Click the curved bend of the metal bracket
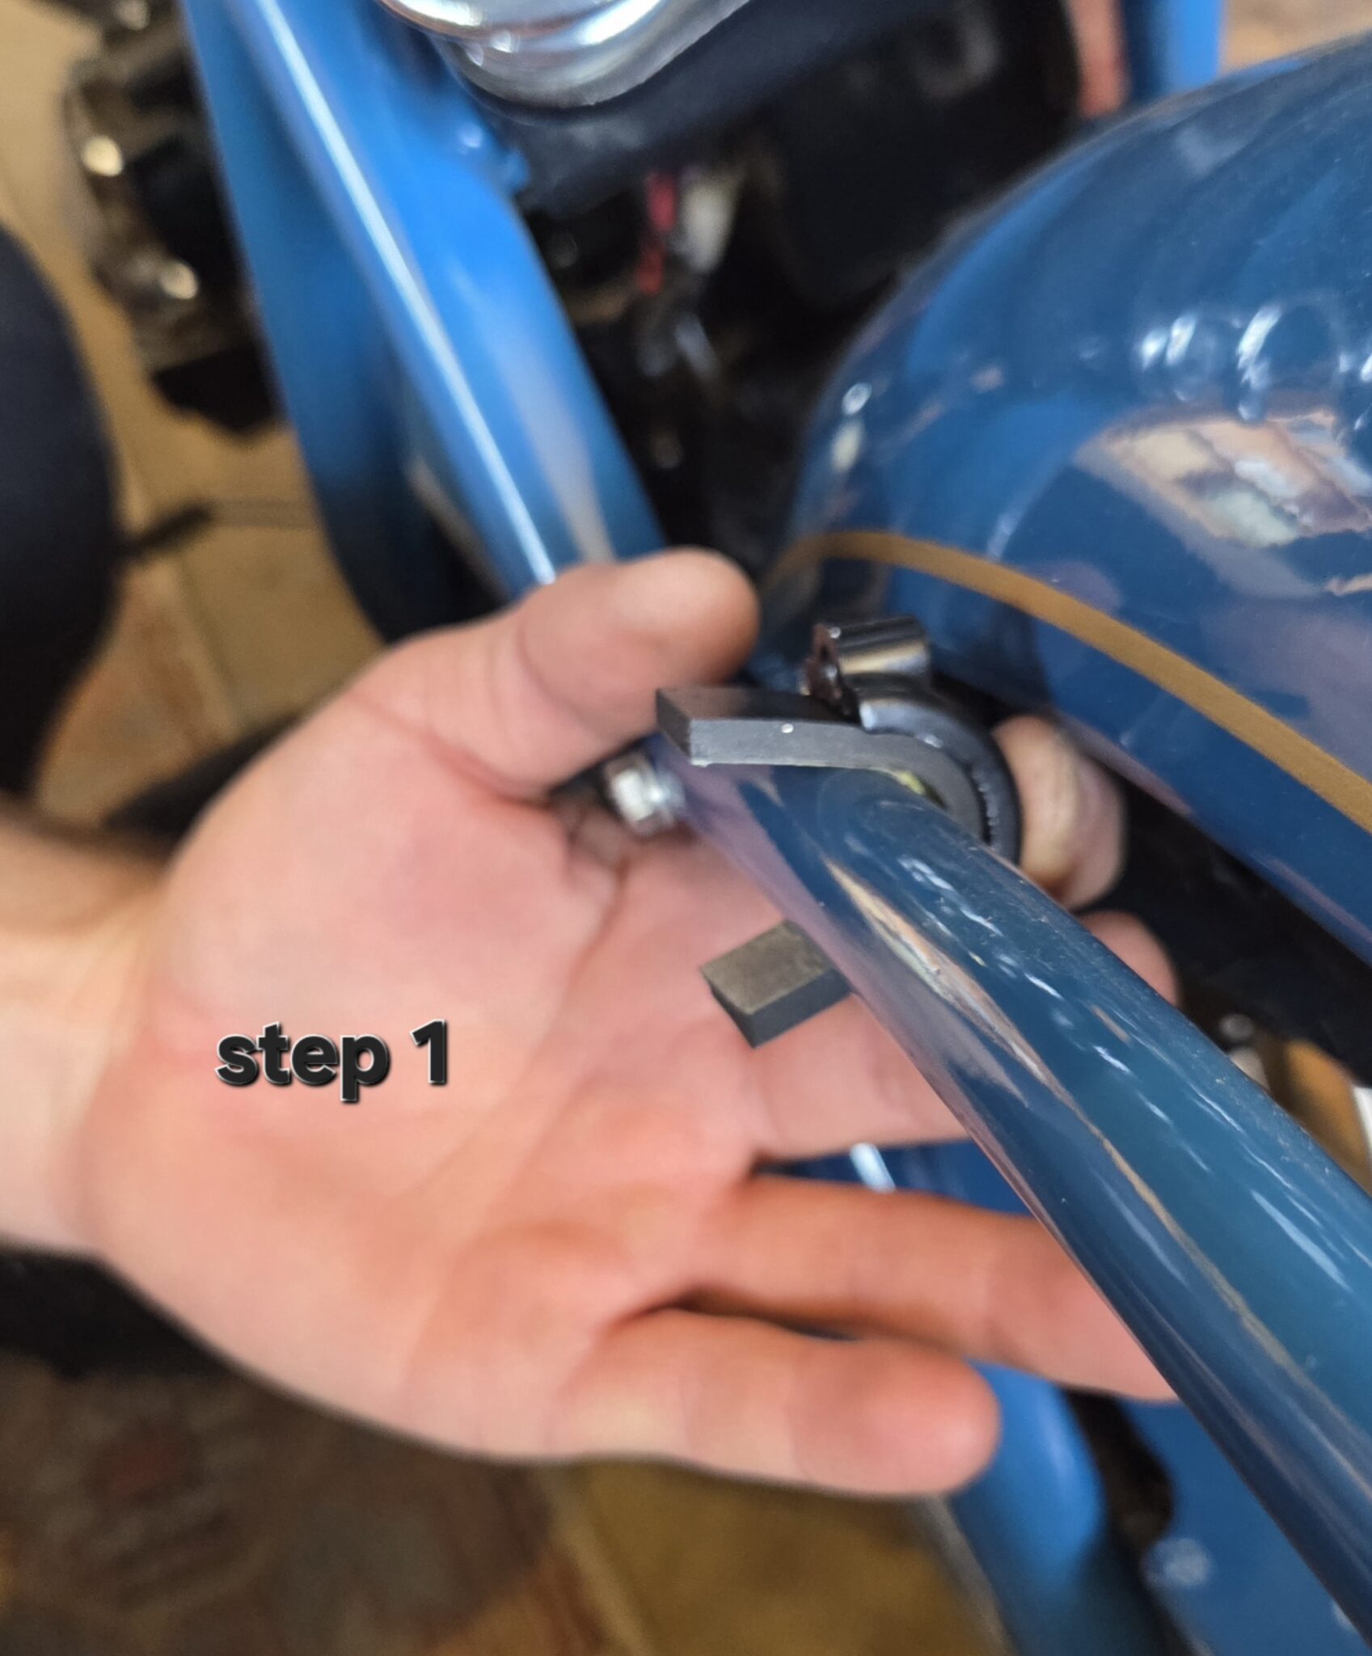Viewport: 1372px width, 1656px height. (x=930, y=760)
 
